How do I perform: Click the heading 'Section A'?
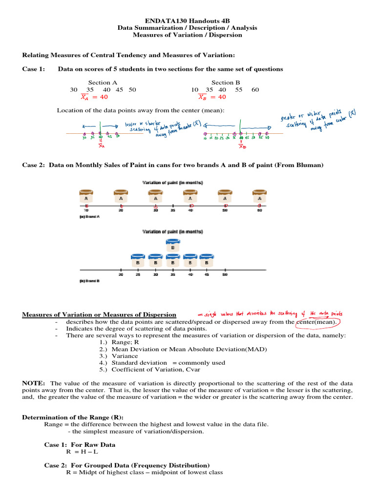[103, 83]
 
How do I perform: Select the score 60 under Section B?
[255, 90]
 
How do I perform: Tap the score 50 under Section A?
[132, 90]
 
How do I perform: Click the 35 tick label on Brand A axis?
[173, 211]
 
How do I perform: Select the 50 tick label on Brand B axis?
[225, 275]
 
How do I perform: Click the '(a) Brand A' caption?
[90, 217]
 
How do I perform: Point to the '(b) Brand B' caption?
[90, 281]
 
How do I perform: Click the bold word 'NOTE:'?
[34, 383]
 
